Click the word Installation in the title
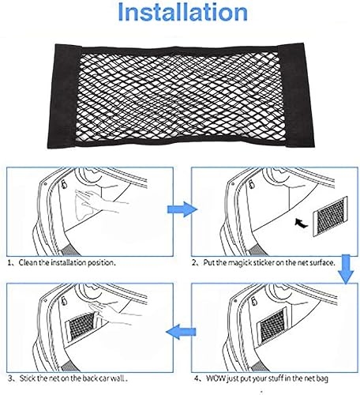(180, 14)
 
